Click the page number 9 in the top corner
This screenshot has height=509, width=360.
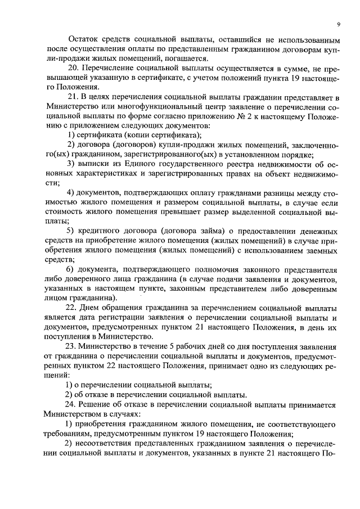click(339, 24)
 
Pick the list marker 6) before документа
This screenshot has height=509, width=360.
click(71, 269)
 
